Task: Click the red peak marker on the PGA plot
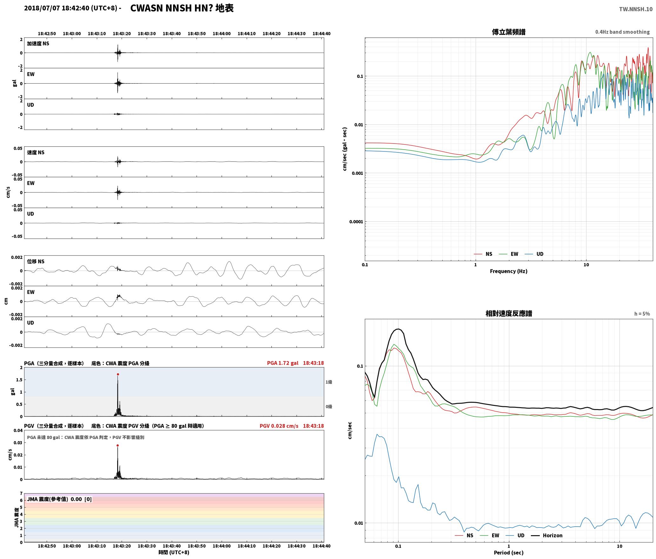pos(118,374)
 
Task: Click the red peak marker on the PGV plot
pos(117,446)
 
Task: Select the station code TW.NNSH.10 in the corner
pos(636,9)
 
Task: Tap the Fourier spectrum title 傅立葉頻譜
pos(509,32)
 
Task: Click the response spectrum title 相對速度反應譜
pos(509,313)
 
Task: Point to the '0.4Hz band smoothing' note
pos(622,32)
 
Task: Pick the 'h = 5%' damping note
pos(642,314)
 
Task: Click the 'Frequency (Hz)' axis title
pos(509,271)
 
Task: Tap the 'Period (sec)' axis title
pos(509,553)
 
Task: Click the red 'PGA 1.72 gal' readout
pos(283,363)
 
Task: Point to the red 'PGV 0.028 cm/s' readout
pos(279,426)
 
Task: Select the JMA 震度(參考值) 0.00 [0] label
pos(59,499)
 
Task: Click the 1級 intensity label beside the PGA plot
pos(329,382)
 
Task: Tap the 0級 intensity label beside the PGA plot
pos(329,407)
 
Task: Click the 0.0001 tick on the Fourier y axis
pos(356,222)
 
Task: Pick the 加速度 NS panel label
pos(38,44)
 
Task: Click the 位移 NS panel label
pos(36,261)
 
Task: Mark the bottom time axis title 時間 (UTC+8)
pos(174,552)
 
